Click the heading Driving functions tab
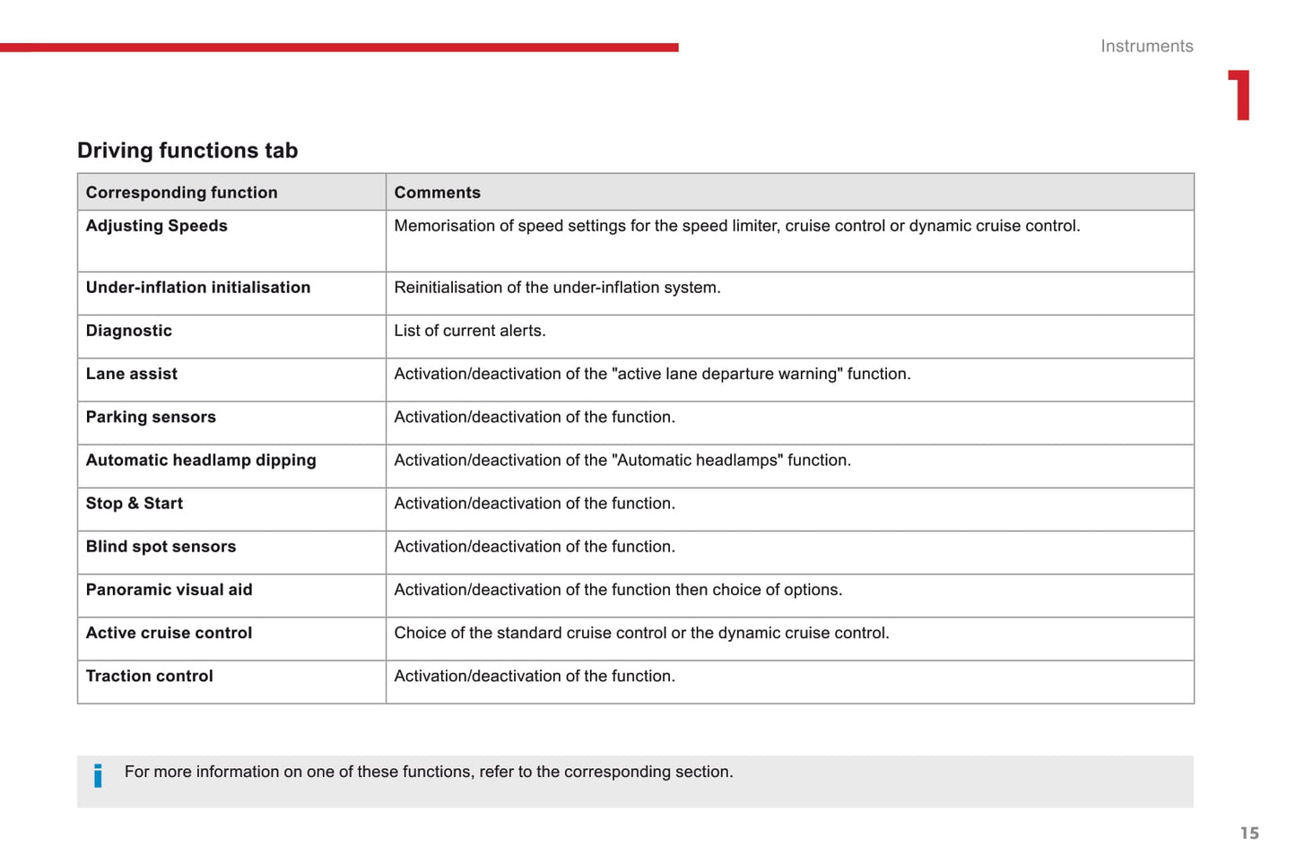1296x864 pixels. [187, 151]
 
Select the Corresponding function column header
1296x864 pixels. [181, 193]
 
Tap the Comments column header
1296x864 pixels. [437, 193]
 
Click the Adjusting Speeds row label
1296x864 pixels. [156, 226]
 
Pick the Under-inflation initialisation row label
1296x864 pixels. [197, 288]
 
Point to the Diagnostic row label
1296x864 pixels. [128, 331]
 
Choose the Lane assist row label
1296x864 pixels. [131, 374]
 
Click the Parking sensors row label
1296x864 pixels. [151, 417]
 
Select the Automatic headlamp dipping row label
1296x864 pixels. [201, 461]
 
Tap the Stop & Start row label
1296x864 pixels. [134, 504]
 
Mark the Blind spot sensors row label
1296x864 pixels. [161, 547]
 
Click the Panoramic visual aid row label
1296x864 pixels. [169, 590]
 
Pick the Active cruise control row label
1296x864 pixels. [169, 633]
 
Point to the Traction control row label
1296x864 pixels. [149, 676]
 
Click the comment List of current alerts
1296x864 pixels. [469, 331]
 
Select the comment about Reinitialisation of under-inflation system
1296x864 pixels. [557, 288]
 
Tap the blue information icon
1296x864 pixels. [98, 775]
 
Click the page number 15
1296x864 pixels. [1249, 834]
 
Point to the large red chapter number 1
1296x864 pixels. [1239, 95]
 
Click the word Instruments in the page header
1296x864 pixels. [1146, 47]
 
